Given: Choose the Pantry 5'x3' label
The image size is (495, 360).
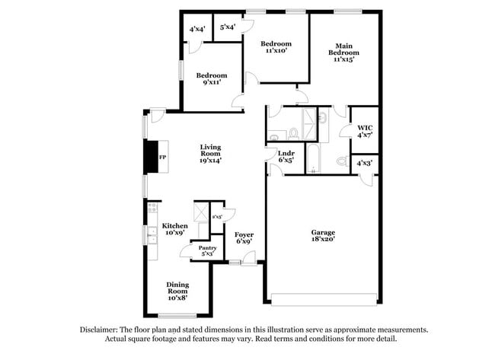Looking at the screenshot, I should [207, 250].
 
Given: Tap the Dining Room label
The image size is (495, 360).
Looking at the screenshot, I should [177, 288].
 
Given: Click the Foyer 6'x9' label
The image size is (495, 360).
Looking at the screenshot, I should [244, 237].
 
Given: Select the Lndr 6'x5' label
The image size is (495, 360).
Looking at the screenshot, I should [286, 158].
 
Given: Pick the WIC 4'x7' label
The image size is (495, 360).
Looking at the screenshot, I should [365, 132].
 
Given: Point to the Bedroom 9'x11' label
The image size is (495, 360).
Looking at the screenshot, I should [211, 79].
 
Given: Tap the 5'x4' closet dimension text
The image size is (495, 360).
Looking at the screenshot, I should [227, 27].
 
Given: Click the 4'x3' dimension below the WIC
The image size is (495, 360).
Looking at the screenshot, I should [365, 162].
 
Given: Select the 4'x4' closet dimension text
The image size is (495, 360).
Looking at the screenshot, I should [196, 29].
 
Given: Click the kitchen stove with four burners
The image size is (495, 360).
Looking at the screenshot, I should [152, 208].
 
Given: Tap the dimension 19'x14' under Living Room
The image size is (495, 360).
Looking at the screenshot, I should [211, 161].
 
